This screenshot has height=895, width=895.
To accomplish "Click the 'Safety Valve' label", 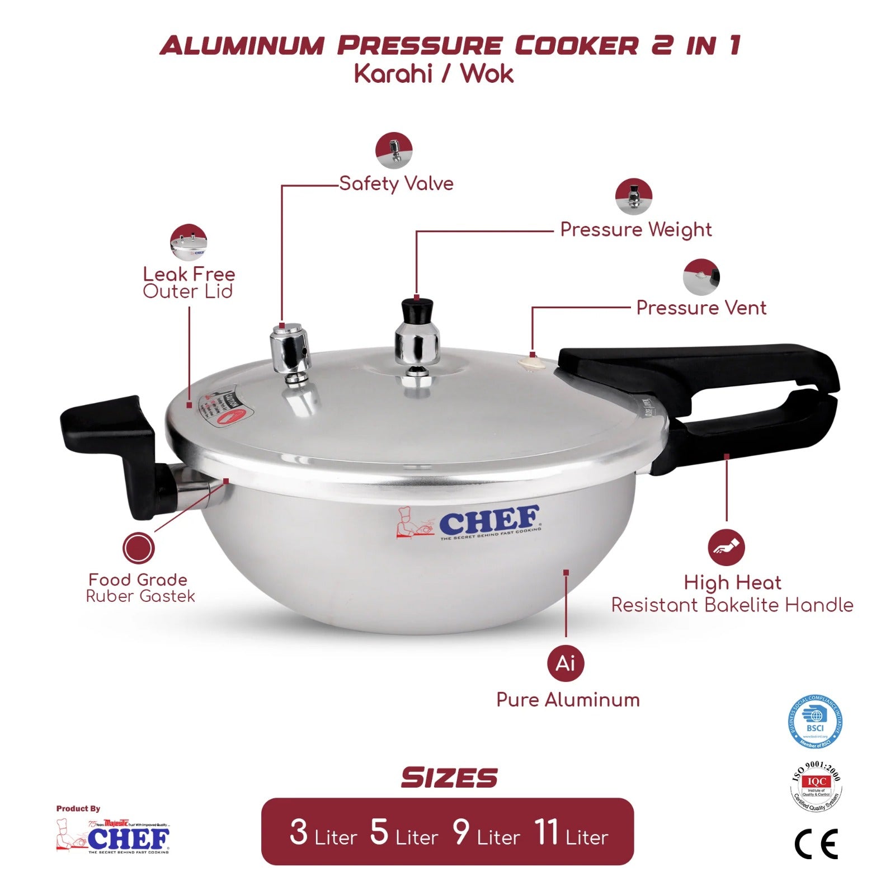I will (x=396, y=183).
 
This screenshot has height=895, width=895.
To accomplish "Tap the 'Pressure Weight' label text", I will (x=636, y=229).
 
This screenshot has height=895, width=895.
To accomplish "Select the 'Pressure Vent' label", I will (x=701, y=308).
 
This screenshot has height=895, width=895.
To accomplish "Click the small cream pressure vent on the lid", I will (x=531, y=362).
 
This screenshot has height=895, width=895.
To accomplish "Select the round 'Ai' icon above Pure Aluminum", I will (x=566, y=663).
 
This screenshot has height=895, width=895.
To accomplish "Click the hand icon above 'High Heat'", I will (x=726, y=548).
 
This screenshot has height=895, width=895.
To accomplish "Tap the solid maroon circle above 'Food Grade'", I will (x=138, y=548).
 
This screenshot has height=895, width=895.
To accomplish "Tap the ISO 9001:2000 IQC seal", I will (x=816, y=786).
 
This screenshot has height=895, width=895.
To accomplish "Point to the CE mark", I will (x=816, y=844).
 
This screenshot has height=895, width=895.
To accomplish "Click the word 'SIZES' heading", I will (x=449, y=778).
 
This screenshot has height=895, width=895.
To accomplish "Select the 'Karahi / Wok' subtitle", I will (x=434, y=74).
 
